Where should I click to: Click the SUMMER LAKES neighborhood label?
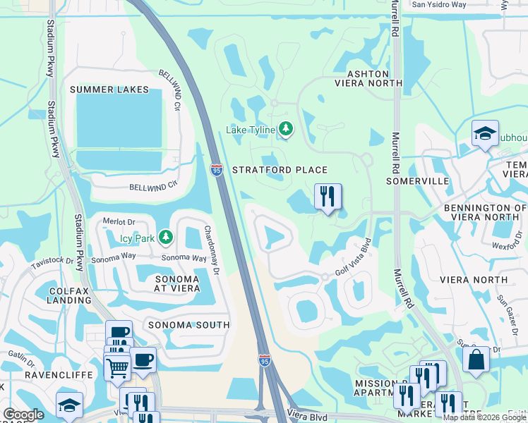point(109,90)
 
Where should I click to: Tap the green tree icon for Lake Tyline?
point(285,128)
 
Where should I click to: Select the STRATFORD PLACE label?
point(280,170)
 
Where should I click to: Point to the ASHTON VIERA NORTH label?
point(367,78)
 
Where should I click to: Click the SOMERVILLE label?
point(418,181)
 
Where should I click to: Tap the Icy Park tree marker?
point(165,237)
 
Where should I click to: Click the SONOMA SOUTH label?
point(188,325)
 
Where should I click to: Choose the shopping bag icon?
point(476,359)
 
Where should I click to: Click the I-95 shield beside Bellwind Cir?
point(217,170)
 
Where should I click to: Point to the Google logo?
point(23,415)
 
